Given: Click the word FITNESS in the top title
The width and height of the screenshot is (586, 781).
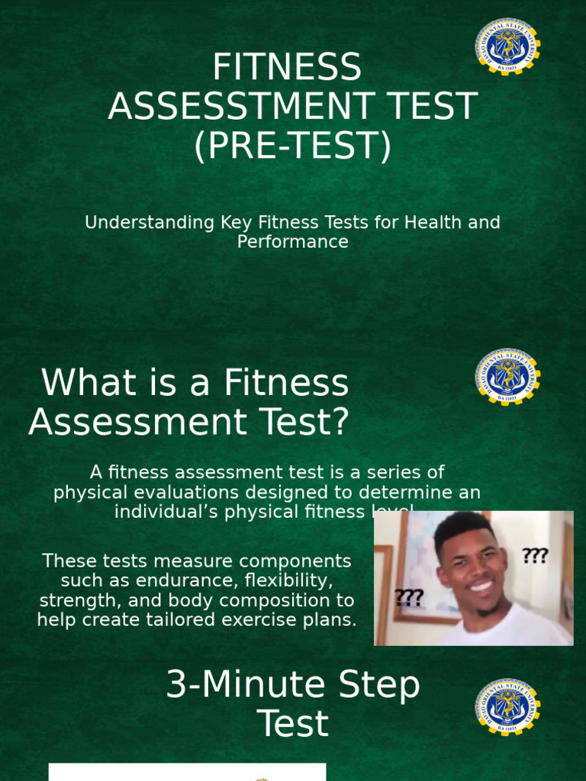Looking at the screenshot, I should pos(287,68).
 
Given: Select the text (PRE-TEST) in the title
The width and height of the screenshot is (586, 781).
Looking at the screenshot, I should pos(292,145).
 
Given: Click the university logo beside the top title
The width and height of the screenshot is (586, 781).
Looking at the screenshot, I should pos(507,47).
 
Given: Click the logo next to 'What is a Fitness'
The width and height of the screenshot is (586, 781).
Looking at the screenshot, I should pos(507,377).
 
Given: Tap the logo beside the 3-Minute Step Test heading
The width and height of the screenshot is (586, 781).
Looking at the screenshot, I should pos(507,707).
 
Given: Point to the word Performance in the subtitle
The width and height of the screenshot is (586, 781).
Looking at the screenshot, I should pos(292,242).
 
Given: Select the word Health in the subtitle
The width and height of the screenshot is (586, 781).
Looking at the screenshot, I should pos(432,223).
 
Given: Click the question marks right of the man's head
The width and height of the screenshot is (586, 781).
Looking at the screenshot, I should pos(535,556).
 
